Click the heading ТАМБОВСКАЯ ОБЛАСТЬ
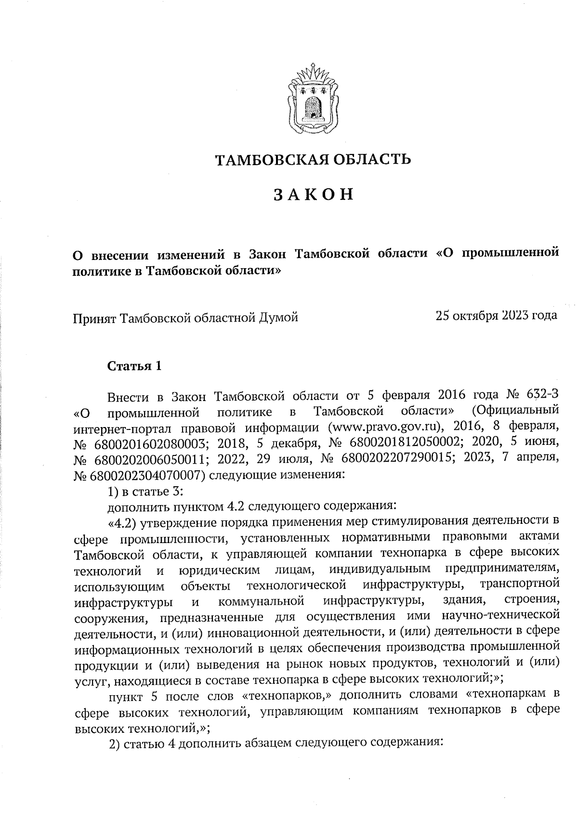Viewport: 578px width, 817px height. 313,159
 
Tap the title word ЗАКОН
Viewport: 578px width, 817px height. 314,194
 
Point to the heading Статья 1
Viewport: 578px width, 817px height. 134,366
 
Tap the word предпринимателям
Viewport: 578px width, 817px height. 502,570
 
